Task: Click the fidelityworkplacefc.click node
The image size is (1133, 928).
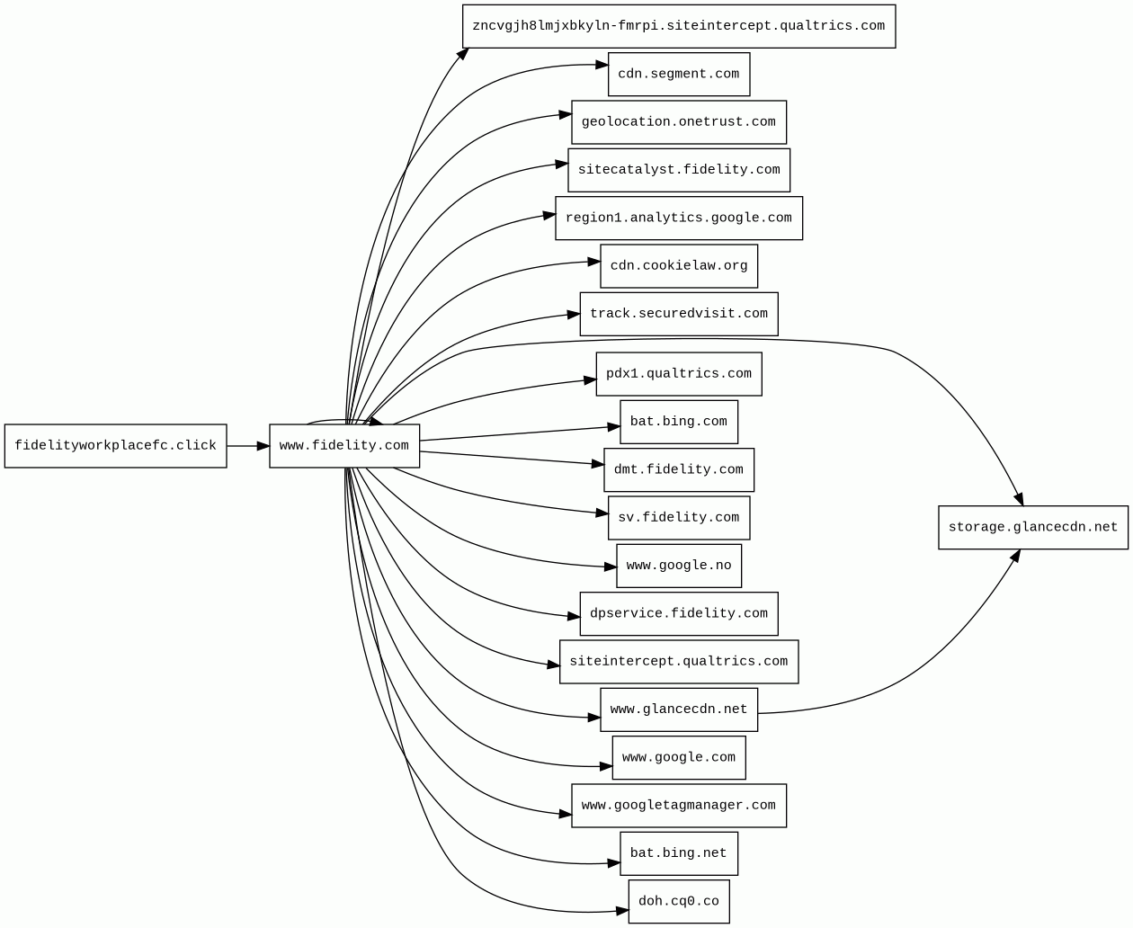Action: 115,446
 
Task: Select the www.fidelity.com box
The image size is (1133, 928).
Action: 344,446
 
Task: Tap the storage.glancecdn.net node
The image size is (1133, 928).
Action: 1033,528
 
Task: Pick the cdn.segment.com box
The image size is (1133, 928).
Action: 679,75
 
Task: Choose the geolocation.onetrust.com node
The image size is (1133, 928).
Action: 679,122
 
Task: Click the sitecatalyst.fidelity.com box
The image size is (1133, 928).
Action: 679,170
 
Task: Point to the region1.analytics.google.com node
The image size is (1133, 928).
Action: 679,219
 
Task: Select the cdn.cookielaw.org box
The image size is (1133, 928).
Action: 679,266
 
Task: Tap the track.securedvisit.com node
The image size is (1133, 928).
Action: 679,314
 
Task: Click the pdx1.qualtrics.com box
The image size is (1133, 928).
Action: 679,374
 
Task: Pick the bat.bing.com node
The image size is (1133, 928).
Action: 679,422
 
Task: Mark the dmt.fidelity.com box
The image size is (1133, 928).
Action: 679,470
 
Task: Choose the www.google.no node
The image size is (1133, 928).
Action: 679,566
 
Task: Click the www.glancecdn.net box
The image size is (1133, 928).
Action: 679,709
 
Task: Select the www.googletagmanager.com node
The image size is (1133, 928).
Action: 679,806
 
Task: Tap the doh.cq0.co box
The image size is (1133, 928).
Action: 679,902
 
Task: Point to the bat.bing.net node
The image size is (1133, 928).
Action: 679,853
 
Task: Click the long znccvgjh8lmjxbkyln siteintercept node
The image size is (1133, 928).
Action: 679,26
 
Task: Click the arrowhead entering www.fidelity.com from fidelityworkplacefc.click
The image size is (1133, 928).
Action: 263,446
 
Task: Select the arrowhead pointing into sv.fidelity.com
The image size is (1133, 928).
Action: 602,513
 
